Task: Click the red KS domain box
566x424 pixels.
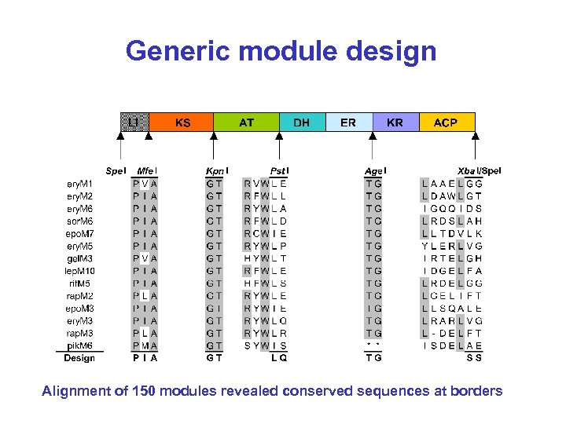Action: [x=182, y=122]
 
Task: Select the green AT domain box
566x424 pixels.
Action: [x=246, y=122]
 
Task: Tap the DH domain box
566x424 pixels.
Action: [x=301, y=122]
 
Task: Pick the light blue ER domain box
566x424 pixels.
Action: [x=347, y=122]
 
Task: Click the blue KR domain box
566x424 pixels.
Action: [x=395, y=122]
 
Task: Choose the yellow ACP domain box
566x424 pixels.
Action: [x=445, y=122]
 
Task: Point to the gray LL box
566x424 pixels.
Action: [x=134, y=122]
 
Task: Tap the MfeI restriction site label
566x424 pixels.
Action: [x=146, y=170]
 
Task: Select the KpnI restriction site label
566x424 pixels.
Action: [x=216, y=170]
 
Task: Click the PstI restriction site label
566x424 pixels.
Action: [x=278, y=170]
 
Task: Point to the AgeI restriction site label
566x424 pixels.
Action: [x=375, y=170]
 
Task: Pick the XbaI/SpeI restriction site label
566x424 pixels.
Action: [x=479, y=170]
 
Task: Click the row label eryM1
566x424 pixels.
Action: [x=80, y=183]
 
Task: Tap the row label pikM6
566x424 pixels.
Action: [x=80, y=345]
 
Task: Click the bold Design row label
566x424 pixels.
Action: [x=79, y=358]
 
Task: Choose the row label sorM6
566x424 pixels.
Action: [x=80, y=221]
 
